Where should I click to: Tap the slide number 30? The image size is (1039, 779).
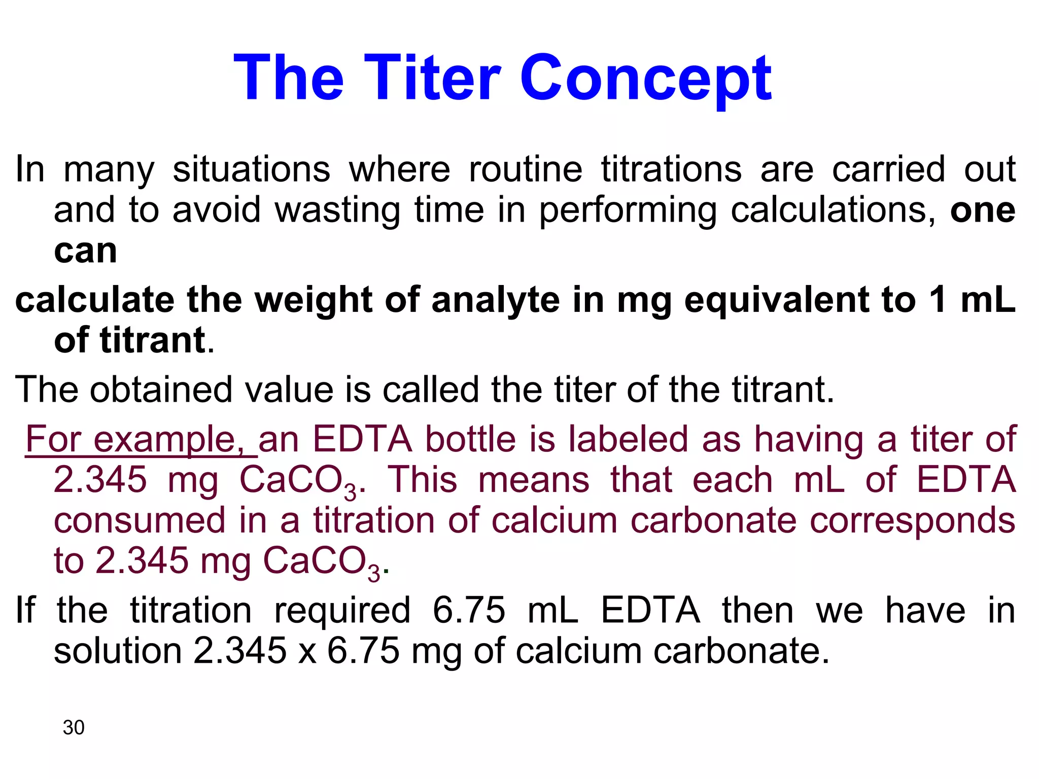(74, 727)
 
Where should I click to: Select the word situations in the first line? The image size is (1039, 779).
(251, 169)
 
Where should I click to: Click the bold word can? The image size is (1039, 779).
(85, 251)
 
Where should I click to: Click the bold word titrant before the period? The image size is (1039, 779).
(152, 340)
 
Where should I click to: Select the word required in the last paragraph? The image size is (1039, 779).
(342, 610)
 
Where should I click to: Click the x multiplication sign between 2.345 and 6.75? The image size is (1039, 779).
(307, 652)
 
